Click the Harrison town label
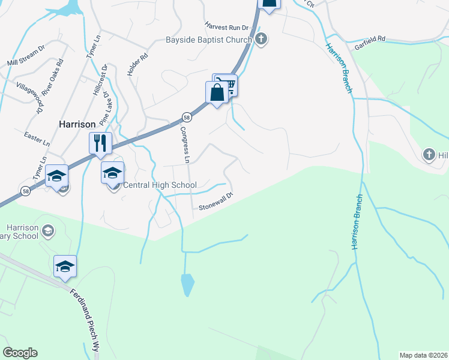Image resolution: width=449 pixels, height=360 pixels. (x=77, y=124)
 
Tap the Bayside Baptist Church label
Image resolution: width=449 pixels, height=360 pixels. (x=208, y=41)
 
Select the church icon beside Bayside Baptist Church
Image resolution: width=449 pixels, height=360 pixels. (x=261, y=40)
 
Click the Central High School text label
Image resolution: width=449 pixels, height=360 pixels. (x=160, y=185)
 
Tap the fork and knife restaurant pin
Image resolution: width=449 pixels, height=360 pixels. (x=100, y=144)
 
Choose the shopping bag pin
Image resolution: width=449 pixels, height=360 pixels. (x=217, y=93)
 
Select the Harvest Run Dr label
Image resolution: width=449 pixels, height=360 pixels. (x=226, y=27)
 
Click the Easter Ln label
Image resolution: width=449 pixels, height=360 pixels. (x=37, y=139)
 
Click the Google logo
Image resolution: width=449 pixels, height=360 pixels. (x=20, y=353)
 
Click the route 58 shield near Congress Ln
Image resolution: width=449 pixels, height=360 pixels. (x=187, y=117)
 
